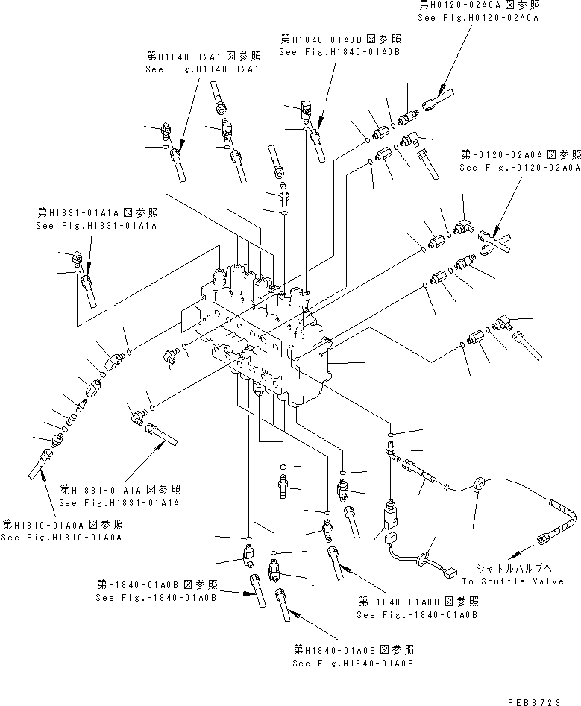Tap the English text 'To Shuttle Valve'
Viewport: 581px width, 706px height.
(512, 581)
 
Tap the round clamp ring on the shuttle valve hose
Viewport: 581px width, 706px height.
(477, 486)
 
